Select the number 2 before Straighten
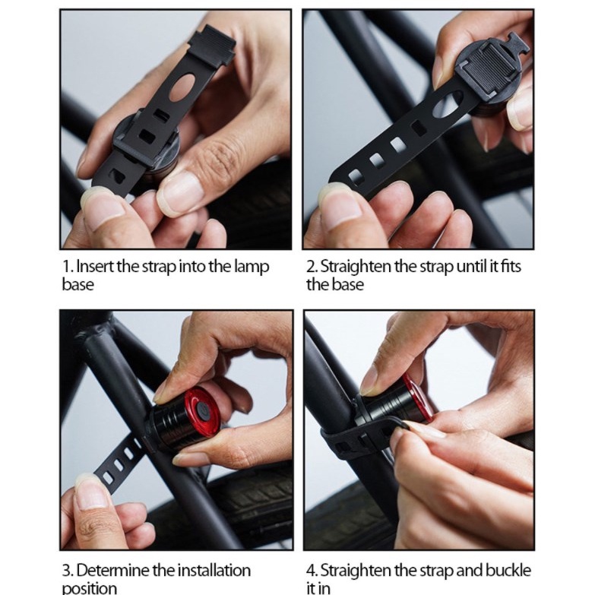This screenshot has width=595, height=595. pos(311,267)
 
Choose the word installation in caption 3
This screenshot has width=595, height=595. pos(214,571)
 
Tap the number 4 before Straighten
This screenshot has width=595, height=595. pos(311,571)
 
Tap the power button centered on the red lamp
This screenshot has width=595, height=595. pos(201,410)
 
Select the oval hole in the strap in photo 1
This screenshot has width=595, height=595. pos(182,88)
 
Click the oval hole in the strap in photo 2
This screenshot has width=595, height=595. pos(448,103)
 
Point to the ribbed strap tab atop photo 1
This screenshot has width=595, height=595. pos(212,45)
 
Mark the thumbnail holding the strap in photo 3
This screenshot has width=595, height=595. pos(92,489)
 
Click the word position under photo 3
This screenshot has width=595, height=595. pos(90,588)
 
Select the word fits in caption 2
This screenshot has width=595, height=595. pos(511,267)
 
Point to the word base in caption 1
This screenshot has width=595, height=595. pos(78,284)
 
